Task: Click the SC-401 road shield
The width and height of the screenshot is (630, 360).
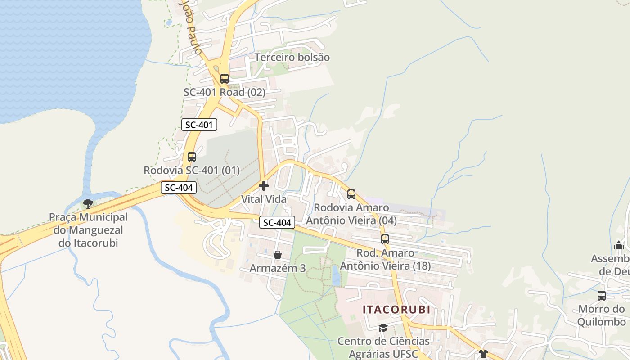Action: pyautogui.click(x=199, y=125)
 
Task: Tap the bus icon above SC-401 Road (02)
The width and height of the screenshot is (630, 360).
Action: pyautogui.click(x=224, y=79)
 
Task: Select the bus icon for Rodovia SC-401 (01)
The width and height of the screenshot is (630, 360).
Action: pyautogui.click(x=192, y=157)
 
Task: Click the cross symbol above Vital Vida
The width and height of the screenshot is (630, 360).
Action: pyautogui.click(x=264, y=185)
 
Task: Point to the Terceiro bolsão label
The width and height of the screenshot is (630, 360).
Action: pyautogui.click(x=292, y=58)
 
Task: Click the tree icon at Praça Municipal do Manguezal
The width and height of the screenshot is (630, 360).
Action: pyautogui.click(x=88, y=203)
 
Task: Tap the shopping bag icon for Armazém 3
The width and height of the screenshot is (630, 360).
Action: pyautogui.click(x=278, y=255)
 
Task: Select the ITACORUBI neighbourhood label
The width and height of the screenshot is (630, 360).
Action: pyautogui.click(x=396, y=310)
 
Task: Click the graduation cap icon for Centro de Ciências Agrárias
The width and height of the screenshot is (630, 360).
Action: pyautogui.click(x=383, y=328)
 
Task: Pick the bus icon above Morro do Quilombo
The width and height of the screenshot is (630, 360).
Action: pyautogui.click(x=602, y=296)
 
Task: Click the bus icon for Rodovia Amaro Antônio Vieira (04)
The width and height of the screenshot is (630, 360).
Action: pyautogui.click(x=351, y=194)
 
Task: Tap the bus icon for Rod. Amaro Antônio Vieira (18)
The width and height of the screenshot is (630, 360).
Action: pyautogui.click(x=385, y=239)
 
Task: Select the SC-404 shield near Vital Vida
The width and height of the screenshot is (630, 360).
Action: pyautogui.click(x=277, y=222)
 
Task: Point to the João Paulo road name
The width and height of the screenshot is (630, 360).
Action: pyautogui.click(x=191, y=27)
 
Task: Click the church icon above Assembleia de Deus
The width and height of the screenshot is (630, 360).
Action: pyautogui.click(x=619, y=245)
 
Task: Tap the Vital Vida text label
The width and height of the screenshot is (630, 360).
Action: pyautogui.click(x=264, y=199)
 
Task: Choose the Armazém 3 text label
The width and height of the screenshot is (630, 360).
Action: pyautogui.click(x=278, y=268)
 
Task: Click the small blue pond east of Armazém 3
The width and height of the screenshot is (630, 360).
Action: pyautogui.click(x=336, y=275)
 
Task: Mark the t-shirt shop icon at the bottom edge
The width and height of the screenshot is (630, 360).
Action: pyautogui.click(x=483, y=354)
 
